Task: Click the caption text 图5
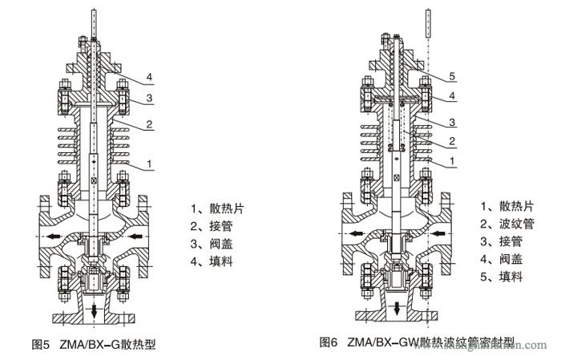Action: point(41,344)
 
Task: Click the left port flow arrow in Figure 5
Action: point(53,237)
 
